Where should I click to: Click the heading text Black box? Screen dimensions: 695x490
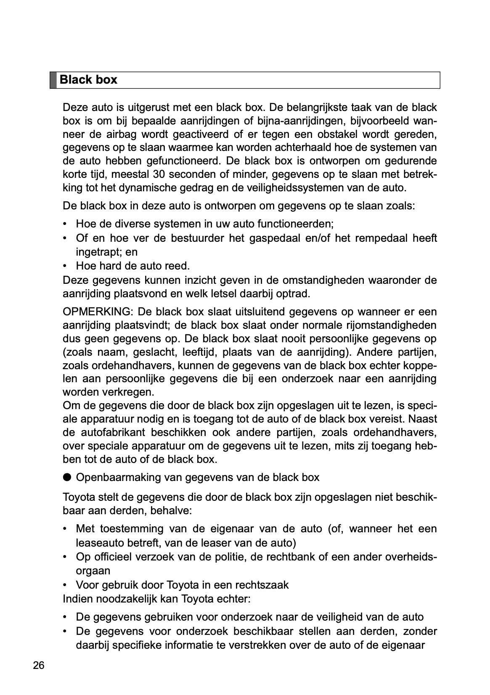(88, 80)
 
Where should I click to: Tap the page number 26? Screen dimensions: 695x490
(38, 666)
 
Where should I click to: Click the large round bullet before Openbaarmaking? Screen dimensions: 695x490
(67, 477)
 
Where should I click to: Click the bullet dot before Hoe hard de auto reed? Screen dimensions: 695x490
(65, 266)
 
